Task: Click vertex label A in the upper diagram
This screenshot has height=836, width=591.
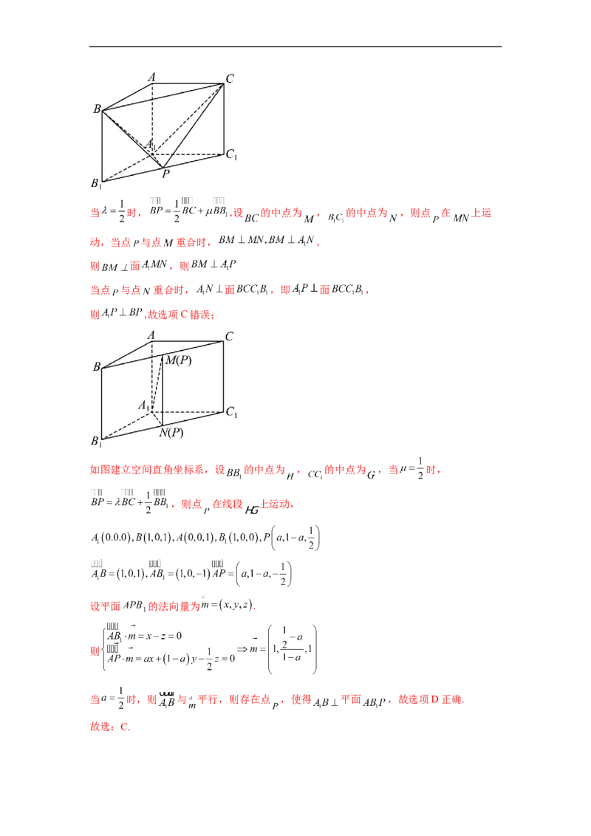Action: pyautogui.click(x=152, y=77)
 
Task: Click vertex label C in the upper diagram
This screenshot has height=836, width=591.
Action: pyautogui.click(x=230, y=78)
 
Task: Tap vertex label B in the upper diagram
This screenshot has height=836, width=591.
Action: pyautogui.click(x=96, y=109)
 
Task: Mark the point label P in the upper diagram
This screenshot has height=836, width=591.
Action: pyautogui.click(x=165, y=174)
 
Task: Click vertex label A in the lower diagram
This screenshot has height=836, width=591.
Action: pyautogui.click(x=152, y=335)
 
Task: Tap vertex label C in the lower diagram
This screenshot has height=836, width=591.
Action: pyautogui.click(x=230, y=337)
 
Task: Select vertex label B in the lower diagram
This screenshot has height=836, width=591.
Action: pyautogui.click(x=96, y=366)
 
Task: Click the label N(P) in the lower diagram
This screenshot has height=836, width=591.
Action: pyautogui.click(x=171, y=433)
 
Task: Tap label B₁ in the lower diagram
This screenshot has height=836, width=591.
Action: pyautogui.click(x=96, y=442)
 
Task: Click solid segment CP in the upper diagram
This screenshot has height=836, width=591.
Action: pyautogui.click(x=194, y=125)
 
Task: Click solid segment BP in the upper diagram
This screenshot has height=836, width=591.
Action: pyautogui.click(x=133, y=140)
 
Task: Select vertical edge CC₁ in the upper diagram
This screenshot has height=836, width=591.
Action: pyautogui.click(x=223, y=118)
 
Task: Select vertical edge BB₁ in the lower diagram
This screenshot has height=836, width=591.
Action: pyautogui.click(x=102, y=402)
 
